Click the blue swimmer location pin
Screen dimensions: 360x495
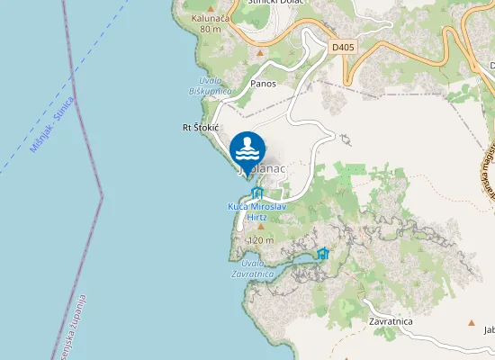(247, 150)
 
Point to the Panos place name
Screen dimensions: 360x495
(264, 84)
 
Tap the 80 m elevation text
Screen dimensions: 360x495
(210, 29)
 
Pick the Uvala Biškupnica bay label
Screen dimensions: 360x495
(210, 85)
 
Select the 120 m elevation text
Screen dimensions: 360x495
(260, 240)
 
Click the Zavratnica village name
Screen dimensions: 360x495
(391, 320)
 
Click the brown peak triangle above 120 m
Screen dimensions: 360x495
(261, 226)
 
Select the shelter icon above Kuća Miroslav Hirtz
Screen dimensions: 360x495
(257, 193)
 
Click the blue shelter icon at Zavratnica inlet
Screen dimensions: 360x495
(323, 254)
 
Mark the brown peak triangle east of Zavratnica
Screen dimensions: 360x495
(471, 321)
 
